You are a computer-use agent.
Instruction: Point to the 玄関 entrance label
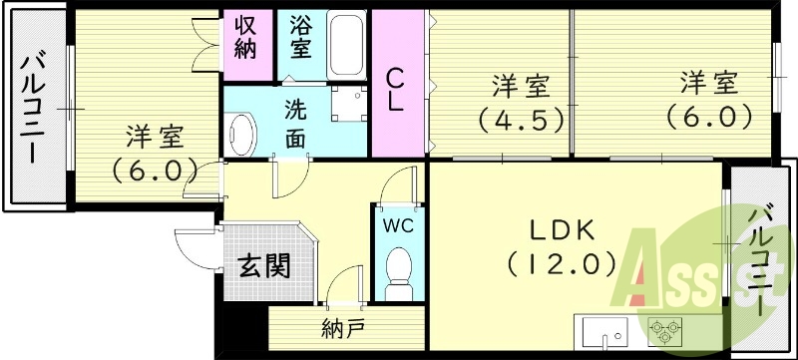pos(264,266)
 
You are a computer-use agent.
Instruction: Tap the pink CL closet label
pos(397,88)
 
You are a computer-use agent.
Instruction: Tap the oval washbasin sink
pos(242,133)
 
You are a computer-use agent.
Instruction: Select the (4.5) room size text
pos(519,118)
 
